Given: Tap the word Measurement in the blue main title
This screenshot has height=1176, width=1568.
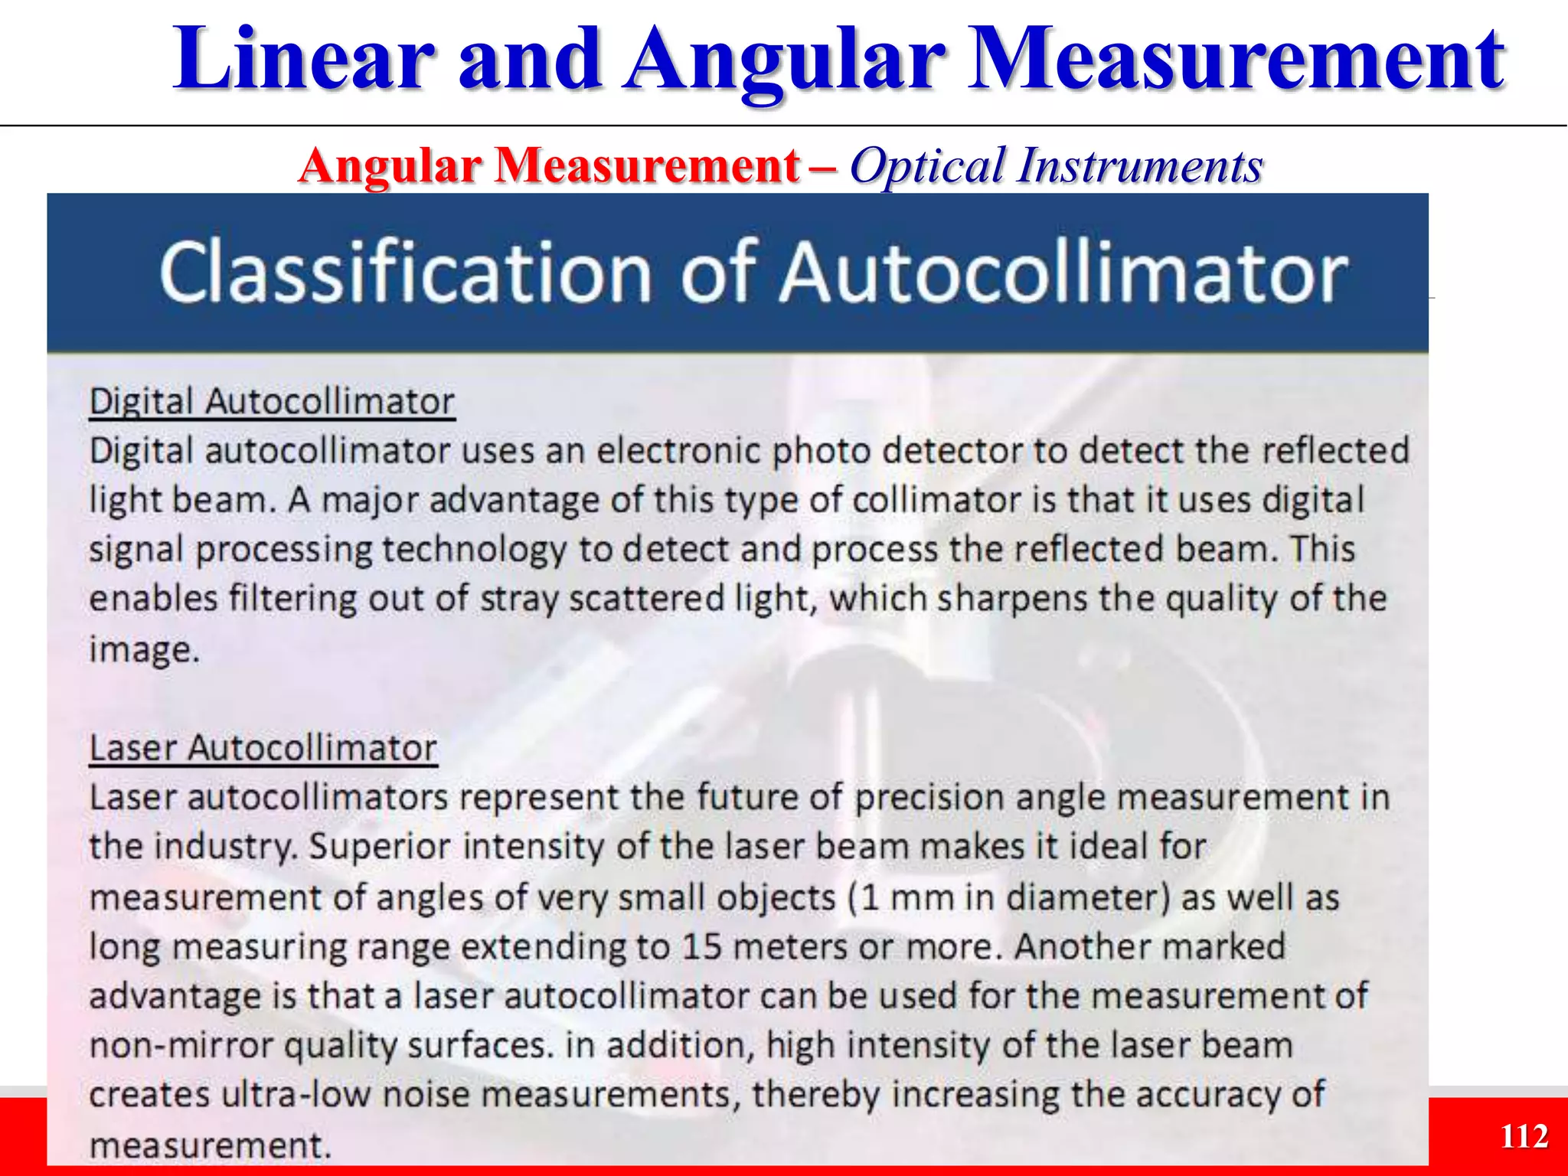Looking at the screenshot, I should pyautogui.click(x=1236, y=60).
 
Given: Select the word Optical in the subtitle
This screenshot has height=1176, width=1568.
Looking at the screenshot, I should pyautogui.click(x=926, y=166).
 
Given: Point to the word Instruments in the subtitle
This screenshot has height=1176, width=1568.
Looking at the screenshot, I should pyautogui.click(x=1140, y=166).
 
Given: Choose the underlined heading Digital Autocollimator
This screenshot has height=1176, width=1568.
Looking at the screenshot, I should pyautogui.click(x=272, y=402).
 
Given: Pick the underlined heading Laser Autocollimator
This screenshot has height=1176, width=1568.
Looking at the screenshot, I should pyautogui.click(x=263, y=748).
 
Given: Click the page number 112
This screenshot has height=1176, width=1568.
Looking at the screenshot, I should pyautogui.click(x=1524, y=1136).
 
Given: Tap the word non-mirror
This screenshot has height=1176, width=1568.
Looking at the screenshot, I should pyautogui.click(x=181, y=1045).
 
